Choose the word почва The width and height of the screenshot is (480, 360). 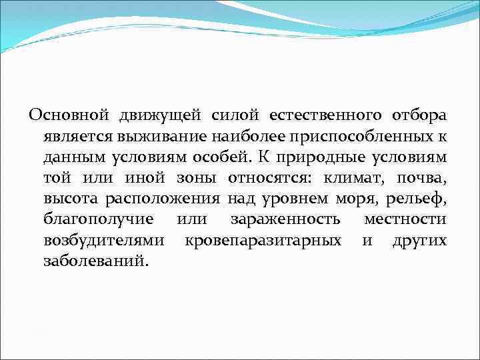[x=421, y=179]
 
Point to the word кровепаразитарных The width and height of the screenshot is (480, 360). [x=264, y=239]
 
